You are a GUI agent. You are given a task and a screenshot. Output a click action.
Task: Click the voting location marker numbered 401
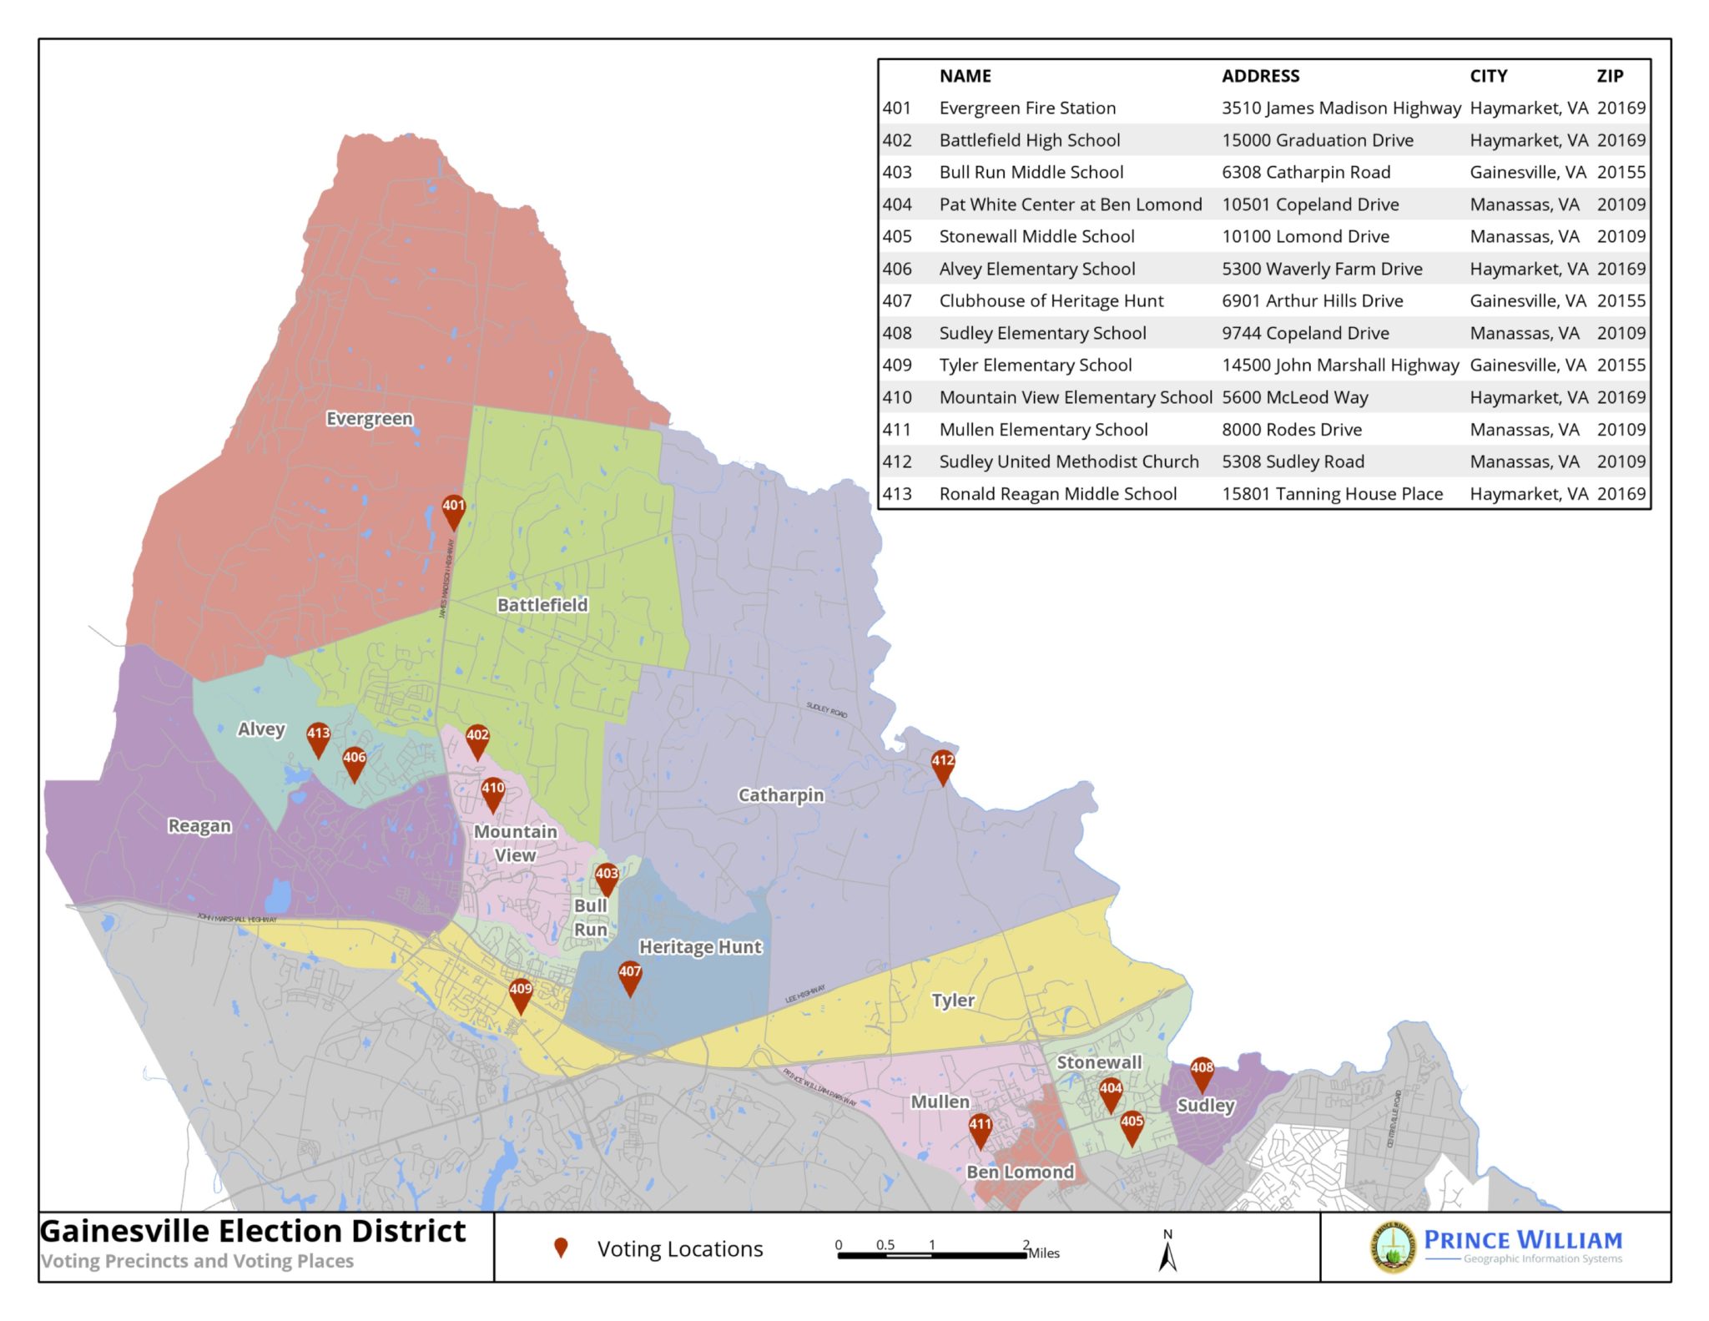point(453,510)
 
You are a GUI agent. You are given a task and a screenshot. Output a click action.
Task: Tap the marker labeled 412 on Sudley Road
point(942,764)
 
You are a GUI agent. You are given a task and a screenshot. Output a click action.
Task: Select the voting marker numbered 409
point(521,993)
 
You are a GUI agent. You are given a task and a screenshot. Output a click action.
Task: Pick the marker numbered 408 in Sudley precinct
point(1202,1071)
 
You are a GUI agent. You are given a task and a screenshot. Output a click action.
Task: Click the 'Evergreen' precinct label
point(370,418)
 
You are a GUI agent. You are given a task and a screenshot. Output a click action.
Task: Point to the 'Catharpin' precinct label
point(781,794)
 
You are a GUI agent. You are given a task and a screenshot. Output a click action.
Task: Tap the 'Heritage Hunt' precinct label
point(700,946)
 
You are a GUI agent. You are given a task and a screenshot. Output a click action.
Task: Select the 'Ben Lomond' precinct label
point(1020,1171)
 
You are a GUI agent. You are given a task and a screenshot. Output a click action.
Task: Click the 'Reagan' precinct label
point(199,825)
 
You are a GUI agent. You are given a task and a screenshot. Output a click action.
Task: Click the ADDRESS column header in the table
point(1260,76)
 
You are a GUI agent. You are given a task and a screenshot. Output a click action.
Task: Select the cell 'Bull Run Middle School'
point(1031,172)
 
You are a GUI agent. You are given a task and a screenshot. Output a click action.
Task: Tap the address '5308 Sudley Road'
point(1293,461)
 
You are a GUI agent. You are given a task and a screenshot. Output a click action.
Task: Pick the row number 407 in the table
point(897,300)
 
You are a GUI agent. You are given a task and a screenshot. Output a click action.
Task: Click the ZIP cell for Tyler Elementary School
point(1621,365)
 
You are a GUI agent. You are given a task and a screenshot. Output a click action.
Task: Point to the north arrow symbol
point(1167,1254)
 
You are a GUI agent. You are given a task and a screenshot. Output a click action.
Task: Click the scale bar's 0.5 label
point(885,1244)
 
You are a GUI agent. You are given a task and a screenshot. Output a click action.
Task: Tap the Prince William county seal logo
point(1393,1248)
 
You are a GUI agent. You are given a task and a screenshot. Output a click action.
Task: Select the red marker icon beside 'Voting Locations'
point(561,1248)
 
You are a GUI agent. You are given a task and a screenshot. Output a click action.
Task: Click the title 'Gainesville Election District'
point(253,1231)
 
